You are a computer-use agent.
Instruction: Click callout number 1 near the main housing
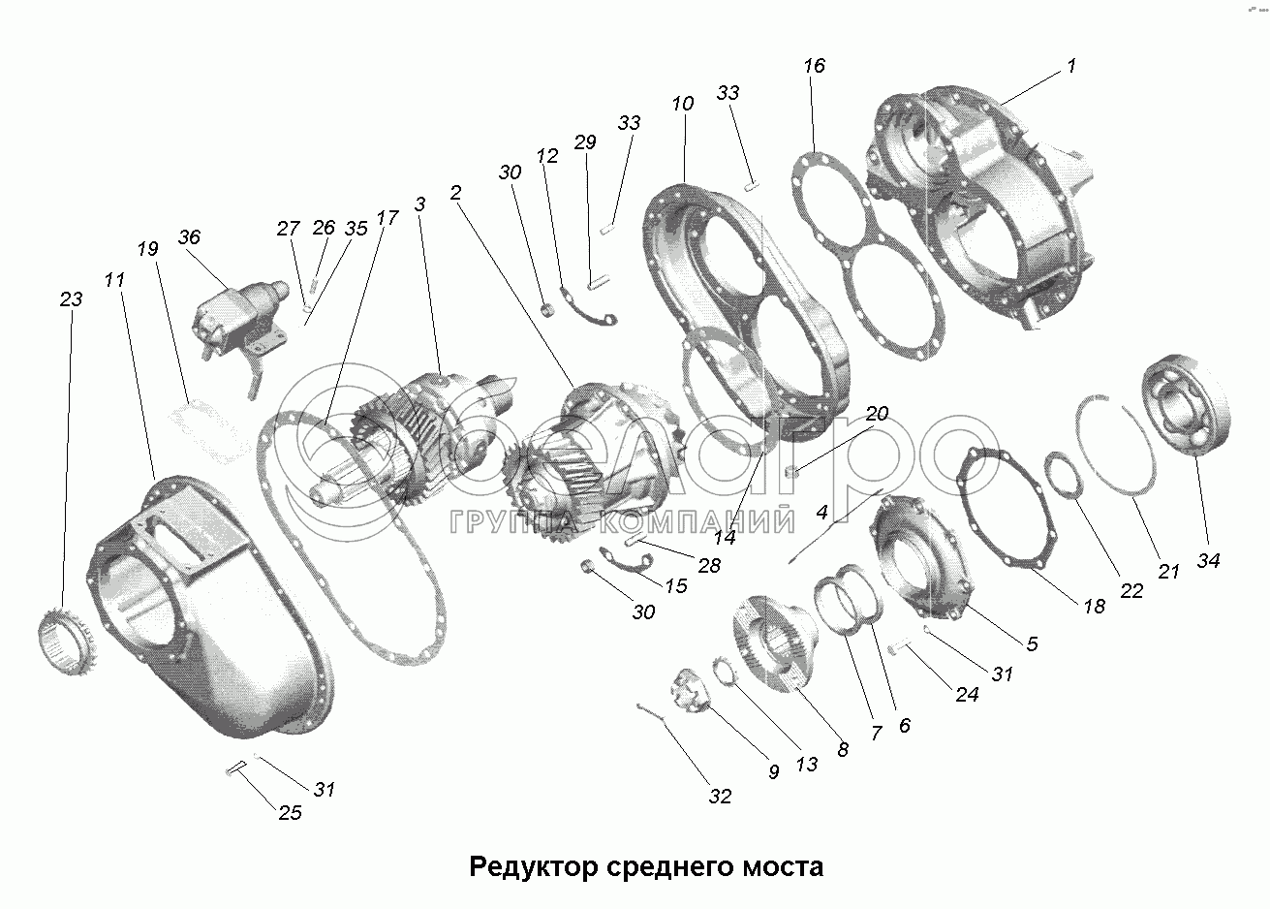click(x=1070, y=66)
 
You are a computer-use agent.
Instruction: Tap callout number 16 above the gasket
click(x=814, y=66)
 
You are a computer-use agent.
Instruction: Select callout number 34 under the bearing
click(x=1208, y=560)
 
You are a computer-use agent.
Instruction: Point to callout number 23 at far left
click(x=71, y=299)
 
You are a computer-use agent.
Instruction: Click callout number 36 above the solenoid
click(x=189, y=238)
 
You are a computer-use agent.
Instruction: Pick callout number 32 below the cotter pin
click(x=719, y=797)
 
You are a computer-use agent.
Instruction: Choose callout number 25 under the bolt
click(x=290, y=812)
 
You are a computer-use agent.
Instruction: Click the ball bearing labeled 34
click(x=1190, y=406)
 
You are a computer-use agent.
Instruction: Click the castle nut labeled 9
click(x=690, y=695)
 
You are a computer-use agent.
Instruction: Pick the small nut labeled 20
click(x=791, y=472)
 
